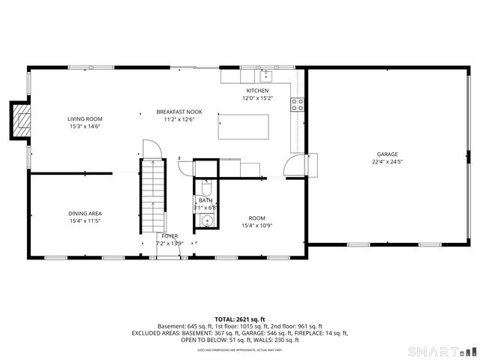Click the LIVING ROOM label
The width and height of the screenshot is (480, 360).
[85, 118]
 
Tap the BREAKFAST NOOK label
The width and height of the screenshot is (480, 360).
[178, 111]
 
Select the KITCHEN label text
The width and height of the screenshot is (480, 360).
[256, 91]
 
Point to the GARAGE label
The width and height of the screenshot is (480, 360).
[387, 153]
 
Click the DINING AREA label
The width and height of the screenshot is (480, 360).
[85, 213]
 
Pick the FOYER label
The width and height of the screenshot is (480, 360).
[169, 235]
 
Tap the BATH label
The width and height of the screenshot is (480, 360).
[205, 200]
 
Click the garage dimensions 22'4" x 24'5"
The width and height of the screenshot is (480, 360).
[387, 161]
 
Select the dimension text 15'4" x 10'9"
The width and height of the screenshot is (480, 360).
[256, 226]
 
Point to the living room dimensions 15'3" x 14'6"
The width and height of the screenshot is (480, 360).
[85, 127]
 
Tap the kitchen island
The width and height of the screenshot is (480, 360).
[243, 127]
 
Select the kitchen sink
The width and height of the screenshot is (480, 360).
[265, 75]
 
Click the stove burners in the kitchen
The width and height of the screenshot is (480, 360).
[298, 104]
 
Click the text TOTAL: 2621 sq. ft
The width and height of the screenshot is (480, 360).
[239, 319]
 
